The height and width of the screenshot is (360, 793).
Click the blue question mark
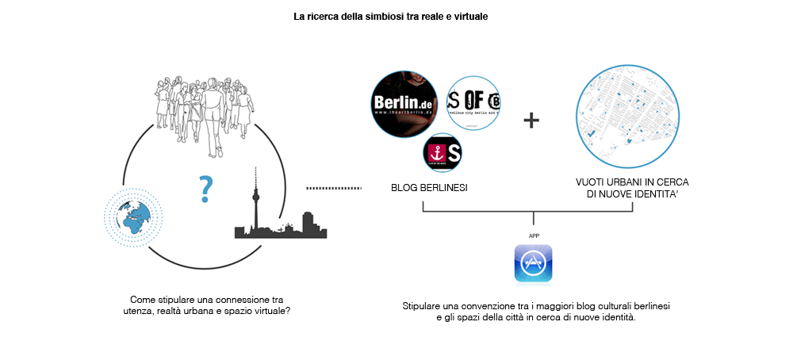point(206,188)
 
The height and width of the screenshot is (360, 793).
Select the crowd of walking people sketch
point(205,111)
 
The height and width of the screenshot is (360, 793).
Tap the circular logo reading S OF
point(473,104)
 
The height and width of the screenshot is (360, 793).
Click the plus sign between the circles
point(531,121)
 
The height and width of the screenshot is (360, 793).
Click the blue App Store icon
point(533,263)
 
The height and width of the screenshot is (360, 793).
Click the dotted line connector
point(333,188)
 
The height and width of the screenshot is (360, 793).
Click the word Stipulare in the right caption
point(422,305)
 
